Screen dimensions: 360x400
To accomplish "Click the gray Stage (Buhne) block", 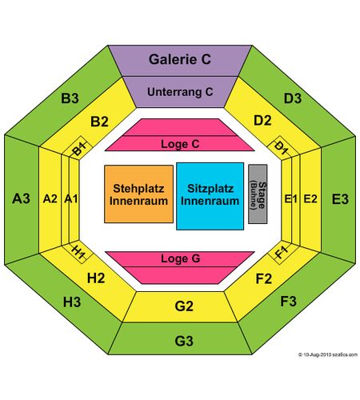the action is point(258,194).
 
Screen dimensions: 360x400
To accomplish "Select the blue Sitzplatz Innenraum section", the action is point(210,196).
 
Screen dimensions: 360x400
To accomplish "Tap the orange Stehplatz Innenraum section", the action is point(138,194).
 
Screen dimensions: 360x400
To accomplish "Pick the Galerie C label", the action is point(180,59).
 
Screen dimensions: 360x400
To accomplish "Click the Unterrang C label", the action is point(180,92).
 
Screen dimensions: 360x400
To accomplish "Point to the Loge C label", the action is point(180,144).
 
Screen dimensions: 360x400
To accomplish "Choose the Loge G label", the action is point(180,258).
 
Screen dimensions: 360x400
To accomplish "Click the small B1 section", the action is point(79,148).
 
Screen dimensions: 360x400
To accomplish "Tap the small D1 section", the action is point(281,148).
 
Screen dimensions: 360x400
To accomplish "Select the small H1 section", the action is point(79,251).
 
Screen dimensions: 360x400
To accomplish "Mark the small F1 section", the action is point(281,252).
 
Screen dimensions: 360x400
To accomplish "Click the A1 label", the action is point(71,198).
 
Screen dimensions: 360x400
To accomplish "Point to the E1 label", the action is point(290,199).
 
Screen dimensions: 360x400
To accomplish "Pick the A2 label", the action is point(50,198).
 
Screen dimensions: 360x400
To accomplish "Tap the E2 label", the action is point(310,199).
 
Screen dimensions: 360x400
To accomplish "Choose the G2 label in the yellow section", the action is point(184,306).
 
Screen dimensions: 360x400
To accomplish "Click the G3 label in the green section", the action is point(184,341).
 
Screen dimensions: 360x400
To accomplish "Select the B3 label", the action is point(70,98).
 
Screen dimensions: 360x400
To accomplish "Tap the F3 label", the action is point(289,301).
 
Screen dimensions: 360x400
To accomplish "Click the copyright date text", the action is point(328,354).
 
